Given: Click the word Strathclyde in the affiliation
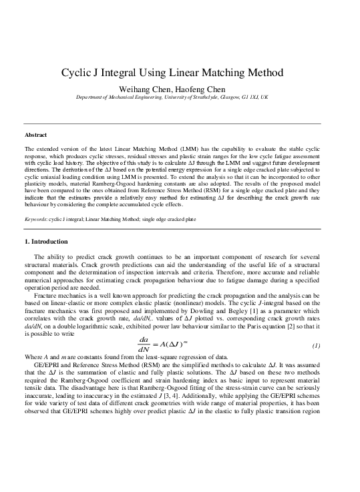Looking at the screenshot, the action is click(217, 97).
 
